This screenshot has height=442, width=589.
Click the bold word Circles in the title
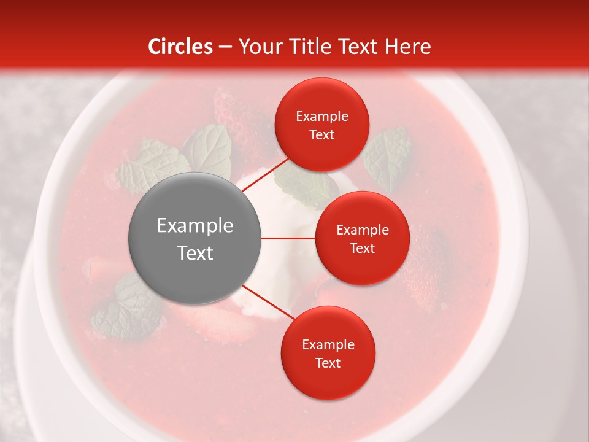point(180,47)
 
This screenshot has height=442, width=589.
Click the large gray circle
point(194,238)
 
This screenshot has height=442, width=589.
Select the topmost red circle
point(322,125)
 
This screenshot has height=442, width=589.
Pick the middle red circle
point(362,238)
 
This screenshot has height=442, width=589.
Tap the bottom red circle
point(328,353)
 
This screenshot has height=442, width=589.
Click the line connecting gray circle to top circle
point(267,175)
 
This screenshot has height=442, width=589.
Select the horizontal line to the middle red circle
point(288,238)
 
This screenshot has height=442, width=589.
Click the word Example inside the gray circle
point(194,226)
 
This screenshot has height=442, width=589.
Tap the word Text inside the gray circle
point(194,253)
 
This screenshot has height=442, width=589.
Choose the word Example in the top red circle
point(322,116)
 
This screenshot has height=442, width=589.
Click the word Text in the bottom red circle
point(328,363)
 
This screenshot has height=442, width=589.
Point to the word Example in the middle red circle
point(362,230)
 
